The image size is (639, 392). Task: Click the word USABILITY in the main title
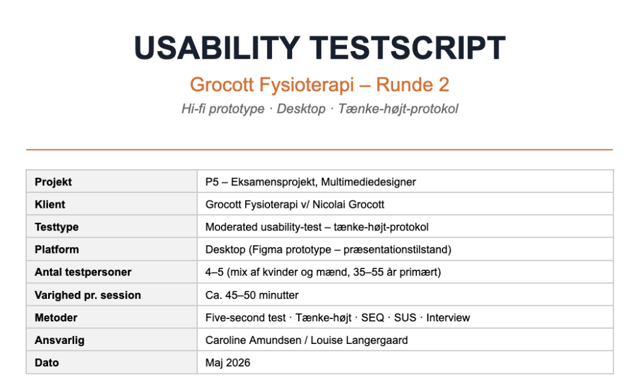point(217,48)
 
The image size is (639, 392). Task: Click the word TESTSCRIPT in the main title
point(407,48)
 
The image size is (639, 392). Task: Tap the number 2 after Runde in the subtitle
point(444,85)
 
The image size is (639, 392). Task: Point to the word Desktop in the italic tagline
point(301,109)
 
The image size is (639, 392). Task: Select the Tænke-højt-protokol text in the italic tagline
point(398,109)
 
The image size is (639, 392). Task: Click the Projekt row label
point(53,182)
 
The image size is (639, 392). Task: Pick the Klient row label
point(50,204)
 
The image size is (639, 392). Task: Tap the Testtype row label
point(57,227)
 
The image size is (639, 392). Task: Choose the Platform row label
point(57,250)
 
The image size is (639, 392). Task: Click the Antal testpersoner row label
point(83,272)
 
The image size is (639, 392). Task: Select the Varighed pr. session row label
point(87,295)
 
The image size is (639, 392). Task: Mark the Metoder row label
point(56,318)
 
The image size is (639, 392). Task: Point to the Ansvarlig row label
point(59,340)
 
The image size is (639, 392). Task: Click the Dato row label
point(46,363)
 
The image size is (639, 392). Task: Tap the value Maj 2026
point(228,363)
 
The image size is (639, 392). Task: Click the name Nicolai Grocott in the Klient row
point(348,204)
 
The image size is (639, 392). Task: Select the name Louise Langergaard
point(359,340)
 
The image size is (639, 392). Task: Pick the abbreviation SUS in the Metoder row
point(405,318)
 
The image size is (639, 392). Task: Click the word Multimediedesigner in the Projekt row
point(368,182)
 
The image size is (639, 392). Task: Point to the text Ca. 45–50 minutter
point(252,295)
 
